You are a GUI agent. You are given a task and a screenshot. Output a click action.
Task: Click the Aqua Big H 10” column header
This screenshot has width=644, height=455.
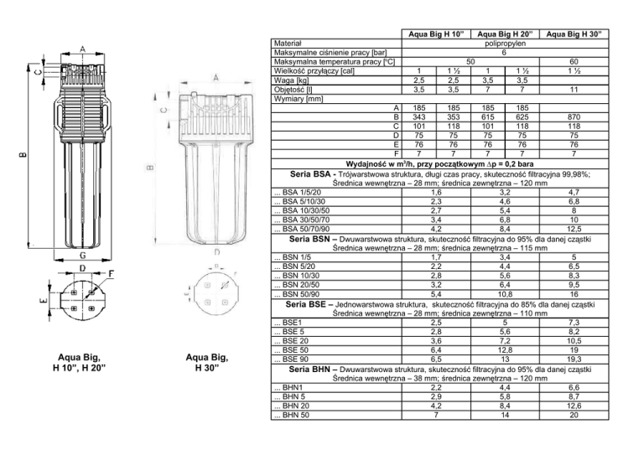pos(436,34)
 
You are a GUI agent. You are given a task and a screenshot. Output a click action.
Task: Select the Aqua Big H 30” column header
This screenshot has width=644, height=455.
pos(574,34)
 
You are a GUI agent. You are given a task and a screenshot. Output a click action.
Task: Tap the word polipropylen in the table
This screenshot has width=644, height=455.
pos(505,44)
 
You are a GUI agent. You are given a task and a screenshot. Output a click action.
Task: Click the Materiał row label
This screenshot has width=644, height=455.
pos(288,44)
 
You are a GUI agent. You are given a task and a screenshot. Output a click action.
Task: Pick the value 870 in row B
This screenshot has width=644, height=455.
pos(574,117)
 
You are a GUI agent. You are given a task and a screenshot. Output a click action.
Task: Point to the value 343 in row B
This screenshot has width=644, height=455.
pos(419,117)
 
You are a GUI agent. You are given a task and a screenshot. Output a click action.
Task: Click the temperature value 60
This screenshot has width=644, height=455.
pos(574,62)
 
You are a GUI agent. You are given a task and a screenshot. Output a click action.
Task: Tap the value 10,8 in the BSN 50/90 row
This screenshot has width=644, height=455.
pos(505,294)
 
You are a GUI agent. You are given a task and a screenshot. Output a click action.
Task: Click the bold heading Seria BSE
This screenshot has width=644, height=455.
pos(305,304)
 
